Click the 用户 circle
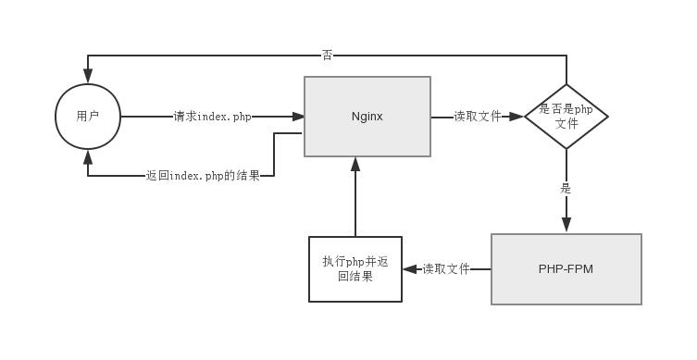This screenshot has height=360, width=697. click(x=88, y=117)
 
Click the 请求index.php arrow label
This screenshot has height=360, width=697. click(x=212, y=117)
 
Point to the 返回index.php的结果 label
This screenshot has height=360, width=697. click(x=203, y=175)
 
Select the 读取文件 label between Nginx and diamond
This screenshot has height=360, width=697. click(x=478, y=117)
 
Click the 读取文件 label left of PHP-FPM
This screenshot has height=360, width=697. click(x=446, y=269)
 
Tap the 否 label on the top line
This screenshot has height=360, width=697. click(x=327, y=56)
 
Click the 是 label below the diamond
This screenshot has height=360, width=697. click(x=566, y=189)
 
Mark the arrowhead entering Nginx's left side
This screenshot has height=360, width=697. click(x=298, y=117)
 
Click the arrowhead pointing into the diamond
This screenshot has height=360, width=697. click(x=517, y=117)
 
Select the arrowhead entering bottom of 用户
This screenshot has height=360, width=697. click(x=88, y=156)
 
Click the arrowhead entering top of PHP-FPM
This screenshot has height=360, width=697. click(x=566, y=225)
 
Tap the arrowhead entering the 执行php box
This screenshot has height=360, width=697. click(x=409, y=269)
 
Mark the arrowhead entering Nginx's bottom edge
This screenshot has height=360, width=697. click(x=355, y=164)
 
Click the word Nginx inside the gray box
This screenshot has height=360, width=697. click(x=367, y=117)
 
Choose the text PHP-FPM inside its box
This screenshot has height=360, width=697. click(x=566, y=269)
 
